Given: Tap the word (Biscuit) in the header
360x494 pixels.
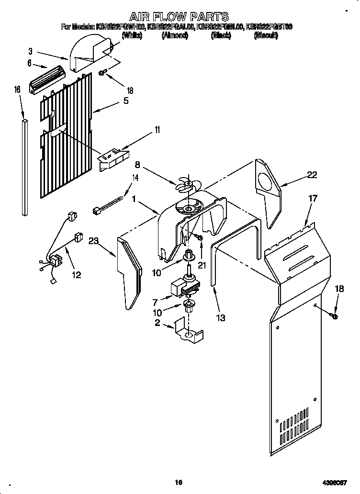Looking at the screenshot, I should click(265, 35).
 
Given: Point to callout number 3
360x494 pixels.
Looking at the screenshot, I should click(30, 51).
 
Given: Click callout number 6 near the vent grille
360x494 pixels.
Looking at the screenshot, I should click(30, 63).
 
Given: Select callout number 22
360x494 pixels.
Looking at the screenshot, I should click(312, 175).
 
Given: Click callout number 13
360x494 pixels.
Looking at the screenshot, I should click(221, 317).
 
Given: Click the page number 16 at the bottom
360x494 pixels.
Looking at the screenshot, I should click(179, 483).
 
